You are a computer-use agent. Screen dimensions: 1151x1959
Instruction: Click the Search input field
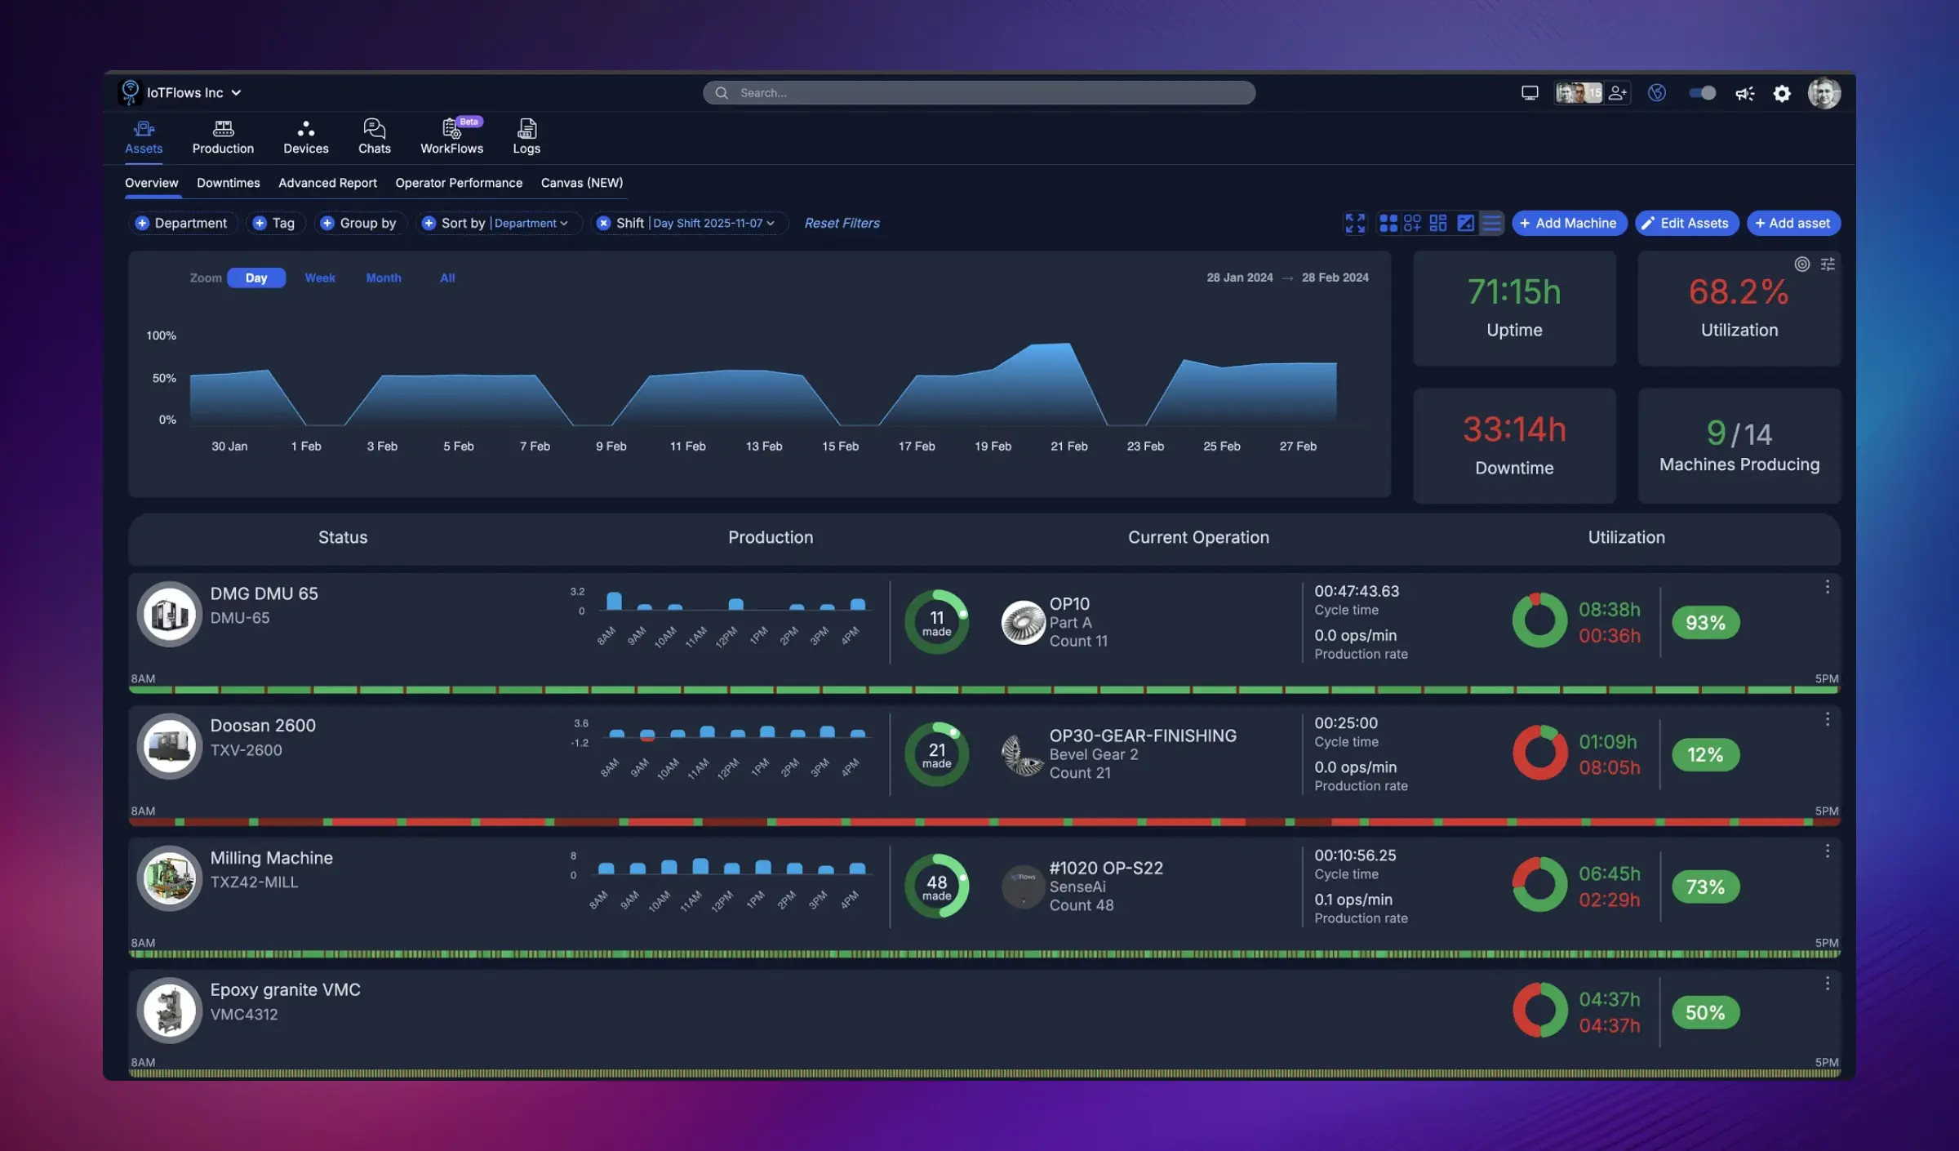[x=979, y=93]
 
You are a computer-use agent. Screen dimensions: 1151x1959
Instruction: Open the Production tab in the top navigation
[x=223, y=137]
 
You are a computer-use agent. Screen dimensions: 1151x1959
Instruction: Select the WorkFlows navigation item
[x=451, y=137]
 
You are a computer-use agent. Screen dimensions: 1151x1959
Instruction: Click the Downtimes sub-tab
[x=228, y=183]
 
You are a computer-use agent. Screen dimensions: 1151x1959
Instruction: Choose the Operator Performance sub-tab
[x=459, y=183]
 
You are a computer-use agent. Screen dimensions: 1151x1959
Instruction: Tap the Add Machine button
[x=1568, y=223]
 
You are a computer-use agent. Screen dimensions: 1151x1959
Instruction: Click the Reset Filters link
[x=842, y=223]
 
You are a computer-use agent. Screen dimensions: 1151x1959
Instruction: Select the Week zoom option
[x=320, y=278]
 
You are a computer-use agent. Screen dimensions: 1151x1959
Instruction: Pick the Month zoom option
[x=383, y=278]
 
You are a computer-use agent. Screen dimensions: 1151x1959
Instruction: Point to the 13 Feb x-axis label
[x=763, y=447]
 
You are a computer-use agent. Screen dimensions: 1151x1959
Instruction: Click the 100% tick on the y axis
[x=161, y=336]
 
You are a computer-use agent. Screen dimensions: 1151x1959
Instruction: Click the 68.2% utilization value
[x=1738, y=292]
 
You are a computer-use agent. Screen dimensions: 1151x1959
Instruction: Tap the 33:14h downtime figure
[x=1513, y=430]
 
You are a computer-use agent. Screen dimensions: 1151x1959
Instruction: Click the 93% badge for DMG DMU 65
[x=1705, y=623]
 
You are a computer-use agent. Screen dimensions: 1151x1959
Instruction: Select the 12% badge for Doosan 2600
[x=1705, y=755]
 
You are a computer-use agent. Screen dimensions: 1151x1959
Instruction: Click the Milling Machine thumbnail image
[x=169, y=878]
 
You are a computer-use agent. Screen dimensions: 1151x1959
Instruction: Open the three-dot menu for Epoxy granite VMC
[x=1827, y=984]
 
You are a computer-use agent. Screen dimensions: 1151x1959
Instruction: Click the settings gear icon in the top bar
[x=1782, y=94]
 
